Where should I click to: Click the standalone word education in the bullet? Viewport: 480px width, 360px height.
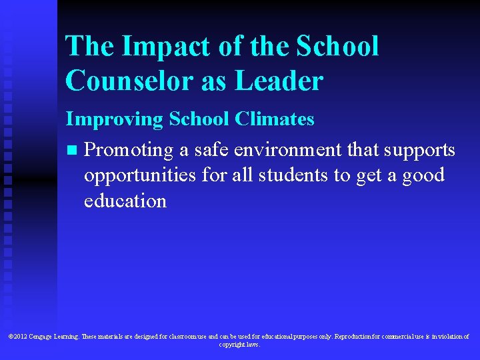125,201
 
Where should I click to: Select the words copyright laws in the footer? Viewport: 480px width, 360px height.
239,345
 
